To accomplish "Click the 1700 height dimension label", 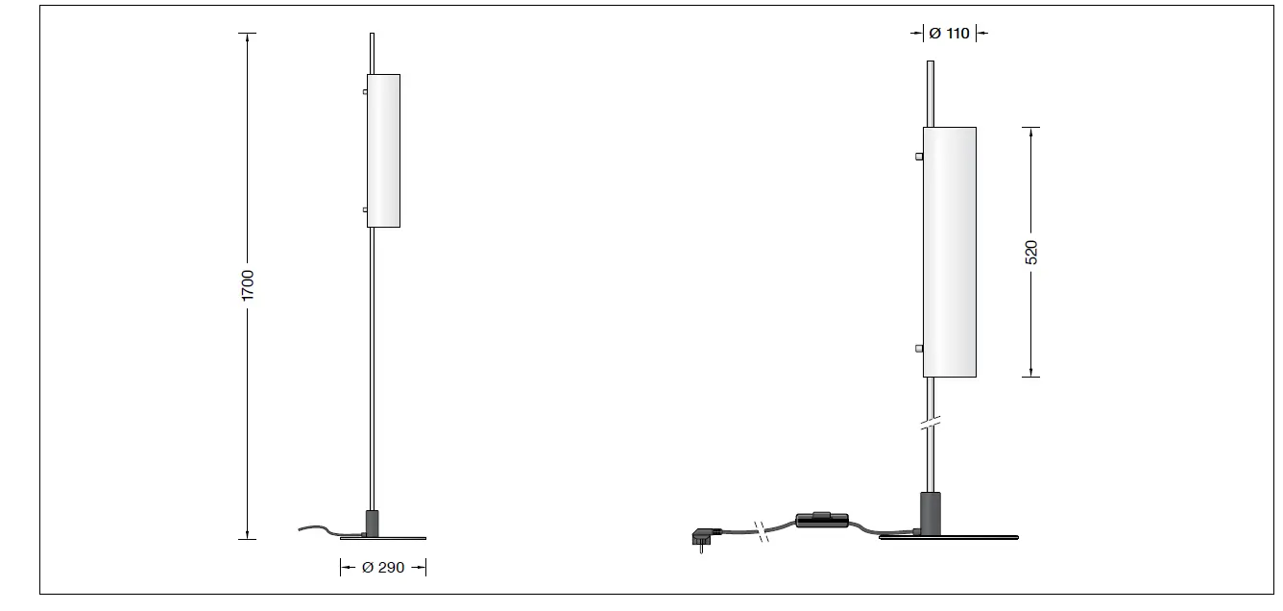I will click(x=248, y=285).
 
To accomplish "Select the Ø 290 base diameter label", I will click(x=383, y=568).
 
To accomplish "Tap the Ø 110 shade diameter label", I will click(x=950, y=34).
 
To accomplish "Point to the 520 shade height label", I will click(x=1031, y=253).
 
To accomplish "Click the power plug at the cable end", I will click(x=701, y=540).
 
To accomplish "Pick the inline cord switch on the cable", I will click(x=822, y=520).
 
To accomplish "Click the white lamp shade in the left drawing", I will click(x=384, y=151).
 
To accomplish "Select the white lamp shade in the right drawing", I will click(x=950, y=252).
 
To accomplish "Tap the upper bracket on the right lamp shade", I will click(x=919, y=156).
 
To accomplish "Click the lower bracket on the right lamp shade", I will click(x=919, y=348).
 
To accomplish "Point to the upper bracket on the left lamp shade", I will click(x=365, y=92).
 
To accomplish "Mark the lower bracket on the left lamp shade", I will click(x=365, y=208).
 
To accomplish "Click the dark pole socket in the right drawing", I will click(x=930, y=511).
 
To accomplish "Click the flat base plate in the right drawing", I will click(x=950, y=536).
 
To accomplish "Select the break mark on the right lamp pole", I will click(x=930, y=422).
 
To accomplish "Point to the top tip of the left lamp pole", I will click(x=372, y=37).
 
